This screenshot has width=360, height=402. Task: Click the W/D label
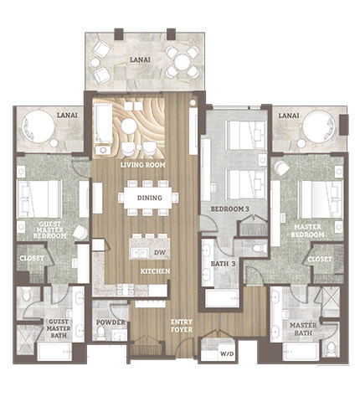227,354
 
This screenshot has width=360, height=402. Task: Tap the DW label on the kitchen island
160,253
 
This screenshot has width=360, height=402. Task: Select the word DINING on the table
150,198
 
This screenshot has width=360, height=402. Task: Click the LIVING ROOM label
143,165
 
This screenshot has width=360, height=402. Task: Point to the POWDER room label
111,322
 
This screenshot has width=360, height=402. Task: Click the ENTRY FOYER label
182,326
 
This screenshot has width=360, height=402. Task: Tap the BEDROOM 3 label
229,209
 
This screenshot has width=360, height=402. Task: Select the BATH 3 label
223,264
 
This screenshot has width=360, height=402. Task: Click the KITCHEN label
155,271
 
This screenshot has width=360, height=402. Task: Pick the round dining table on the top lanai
182,61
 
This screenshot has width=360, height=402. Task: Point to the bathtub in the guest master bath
54,352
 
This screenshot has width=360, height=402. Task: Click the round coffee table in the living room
129,126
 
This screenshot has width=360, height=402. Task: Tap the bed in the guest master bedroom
39,199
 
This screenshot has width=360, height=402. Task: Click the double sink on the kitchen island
140,254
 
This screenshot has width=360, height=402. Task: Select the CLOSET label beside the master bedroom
320,260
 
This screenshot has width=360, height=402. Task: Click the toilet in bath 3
259,248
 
